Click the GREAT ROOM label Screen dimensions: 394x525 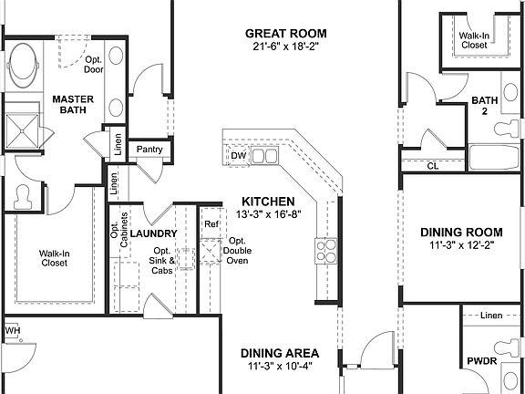click(x=285, y=34)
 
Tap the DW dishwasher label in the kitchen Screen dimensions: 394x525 click(x=238, y=156)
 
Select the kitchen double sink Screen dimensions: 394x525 click(x=265, y=157)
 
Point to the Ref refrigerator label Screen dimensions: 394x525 click(x=211, y=223)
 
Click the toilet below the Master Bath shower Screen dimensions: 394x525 click(x=24, y=197)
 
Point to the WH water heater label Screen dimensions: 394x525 click(x=12, y=330)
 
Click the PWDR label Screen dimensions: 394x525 click(x=481, y=360)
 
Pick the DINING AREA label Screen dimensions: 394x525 click(x=279, y=353)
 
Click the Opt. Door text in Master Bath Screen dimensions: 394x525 click(x=93, y=62)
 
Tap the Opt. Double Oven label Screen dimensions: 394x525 click(x=239, y=250)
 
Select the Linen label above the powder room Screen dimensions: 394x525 click(x=490, y=316)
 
